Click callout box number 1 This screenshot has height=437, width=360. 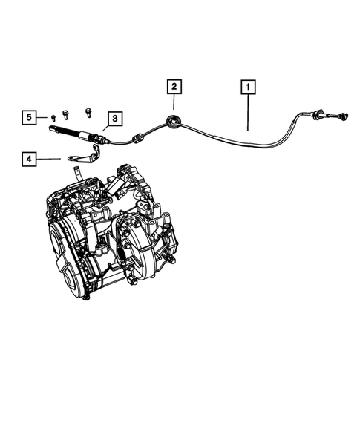(247, 88)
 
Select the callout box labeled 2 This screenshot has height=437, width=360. (173, 87)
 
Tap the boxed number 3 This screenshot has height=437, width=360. (114, 117)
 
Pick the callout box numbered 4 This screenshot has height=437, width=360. (28, 159)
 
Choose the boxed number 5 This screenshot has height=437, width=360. (28, 117)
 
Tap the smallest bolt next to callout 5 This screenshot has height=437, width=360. (54, 117)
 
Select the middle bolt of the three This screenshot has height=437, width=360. (66, 114)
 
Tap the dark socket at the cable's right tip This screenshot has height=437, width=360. (344, 116)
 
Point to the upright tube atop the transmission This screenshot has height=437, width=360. (76, 176)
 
